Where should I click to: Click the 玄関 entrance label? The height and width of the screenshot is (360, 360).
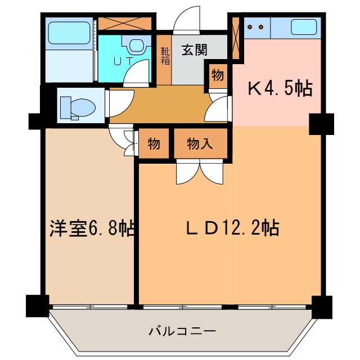coord(195,50)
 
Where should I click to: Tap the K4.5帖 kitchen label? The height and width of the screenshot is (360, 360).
coord(280,88)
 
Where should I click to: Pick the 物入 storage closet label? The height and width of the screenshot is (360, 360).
coord(201,144)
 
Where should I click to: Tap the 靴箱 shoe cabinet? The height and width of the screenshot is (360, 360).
coord(164,57)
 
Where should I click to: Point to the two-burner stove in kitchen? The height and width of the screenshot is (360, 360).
coord(256,26)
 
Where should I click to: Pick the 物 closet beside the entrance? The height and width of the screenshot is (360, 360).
coord(218,74)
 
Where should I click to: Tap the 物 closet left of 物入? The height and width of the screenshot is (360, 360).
coord(154,144)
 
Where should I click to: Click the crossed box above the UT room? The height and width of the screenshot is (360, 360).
coord(125,24)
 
